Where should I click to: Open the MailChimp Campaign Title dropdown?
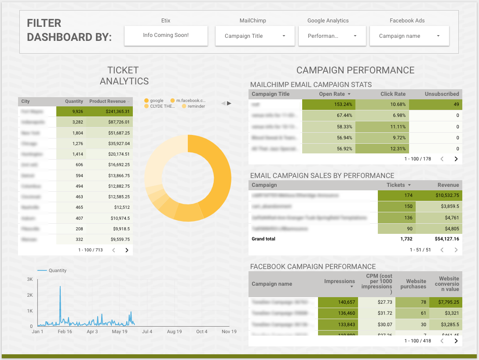click(255, 36)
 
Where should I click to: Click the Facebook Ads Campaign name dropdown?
click(409, 36)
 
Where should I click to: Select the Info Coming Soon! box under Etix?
click(166, 35)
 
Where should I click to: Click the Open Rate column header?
click(335, 94)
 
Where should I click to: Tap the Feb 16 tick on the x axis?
click(65, 332)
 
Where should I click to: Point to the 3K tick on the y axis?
click(30, 279)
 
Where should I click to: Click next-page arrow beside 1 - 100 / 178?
click(456, 159)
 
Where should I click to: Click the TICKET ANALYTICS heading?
click(124, 76)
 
